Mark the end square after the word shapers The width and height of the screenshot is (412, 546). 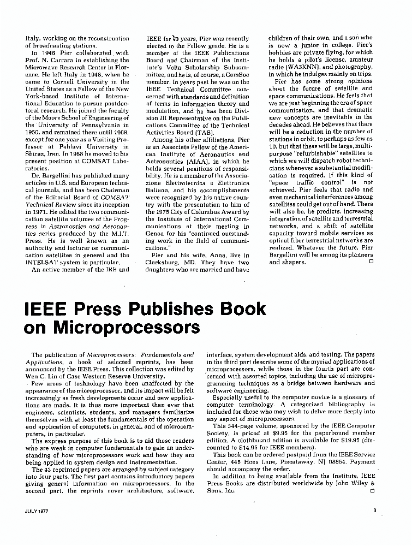pyautogui.click(x=371, y=262)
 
